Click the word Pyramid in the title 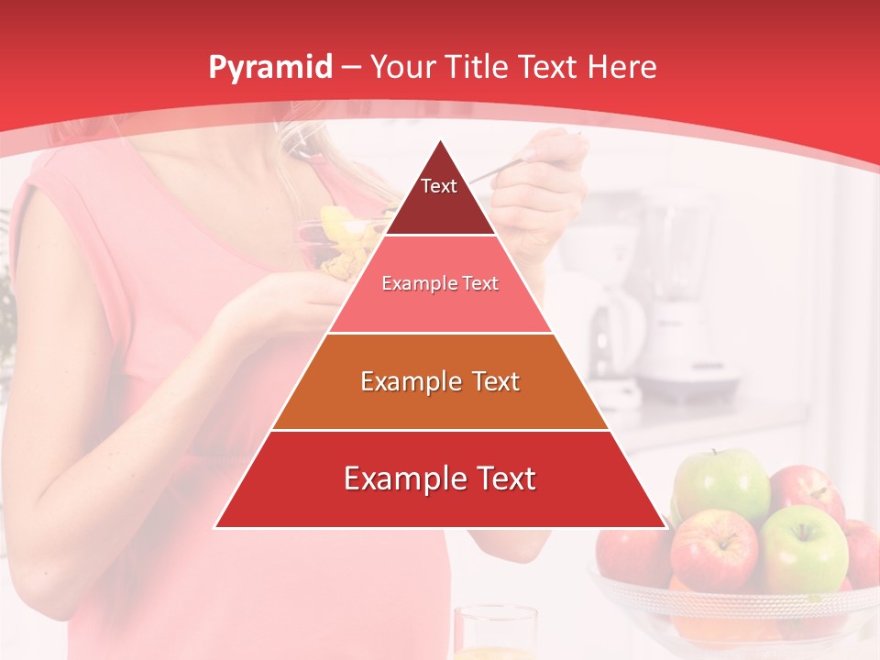(270, 68)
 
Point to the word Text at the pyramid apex (439, 186)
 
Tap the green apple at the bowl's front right (804, 548)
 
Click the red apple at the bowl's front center (715, 550)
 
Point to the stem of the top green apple (716, 454)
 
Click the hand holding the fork (541, 183)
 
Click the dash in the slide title (351, 68)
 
